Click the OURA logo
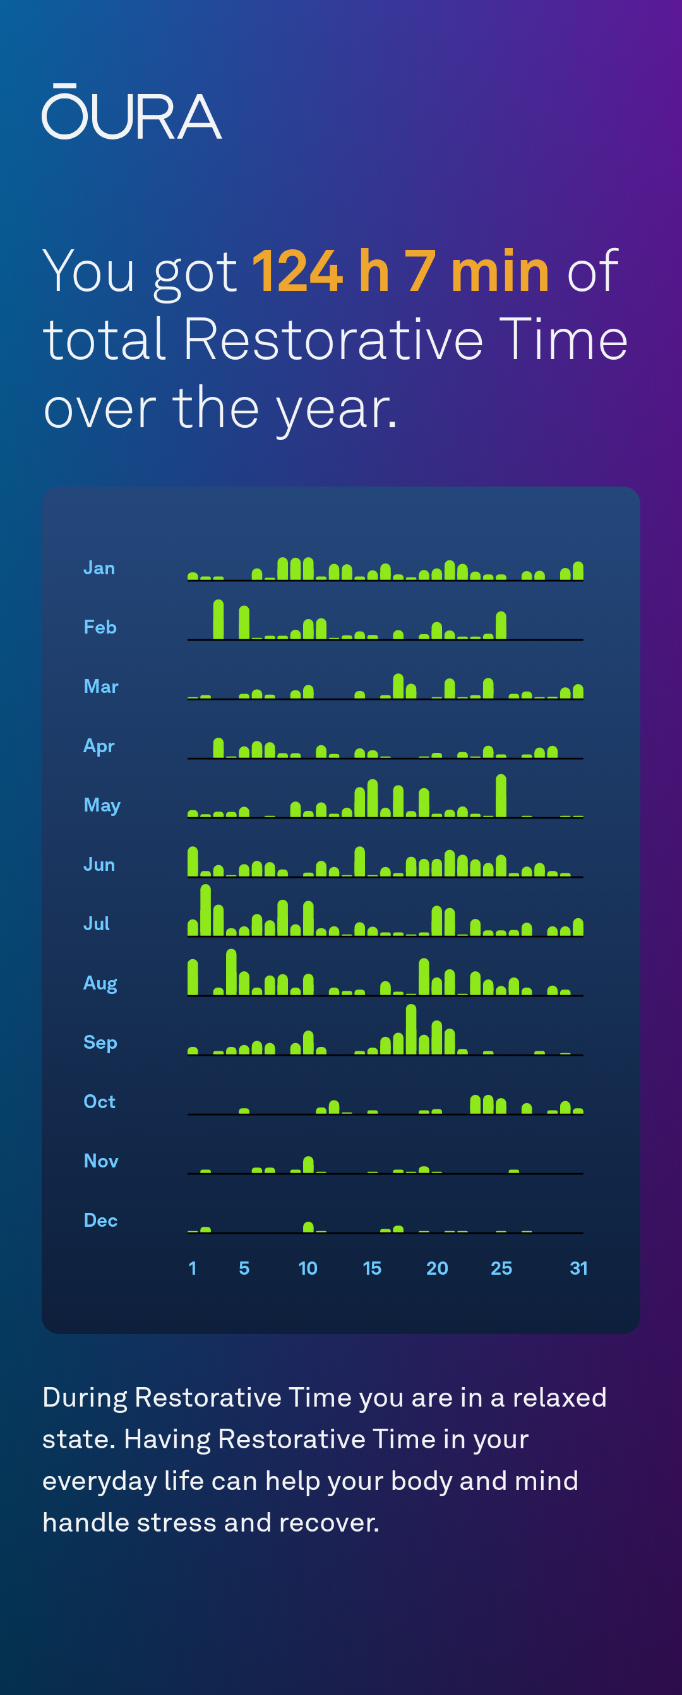point(131,112)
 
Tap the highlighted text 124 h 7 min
point(400,271)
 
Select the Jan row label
point(99,568)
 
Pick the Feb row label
point(100,627)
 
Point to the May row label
point(102,805)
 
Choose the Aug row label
point(100,983)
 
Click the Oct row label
point(99,1101)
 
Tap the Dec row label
point(100,1220)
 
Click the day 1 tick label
point(192,1268)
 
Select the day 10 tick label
point(308,1268)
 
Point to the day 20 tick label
point(437,1268)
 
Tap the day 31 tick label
point(578,1268)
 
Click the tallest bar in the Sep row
point(412,1030)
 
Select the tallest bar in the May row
point(501,796)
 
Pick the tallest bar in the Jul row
point(205,910)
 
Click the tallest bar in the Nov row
point(308,1165)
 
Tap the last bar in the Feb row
point(501,626)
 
